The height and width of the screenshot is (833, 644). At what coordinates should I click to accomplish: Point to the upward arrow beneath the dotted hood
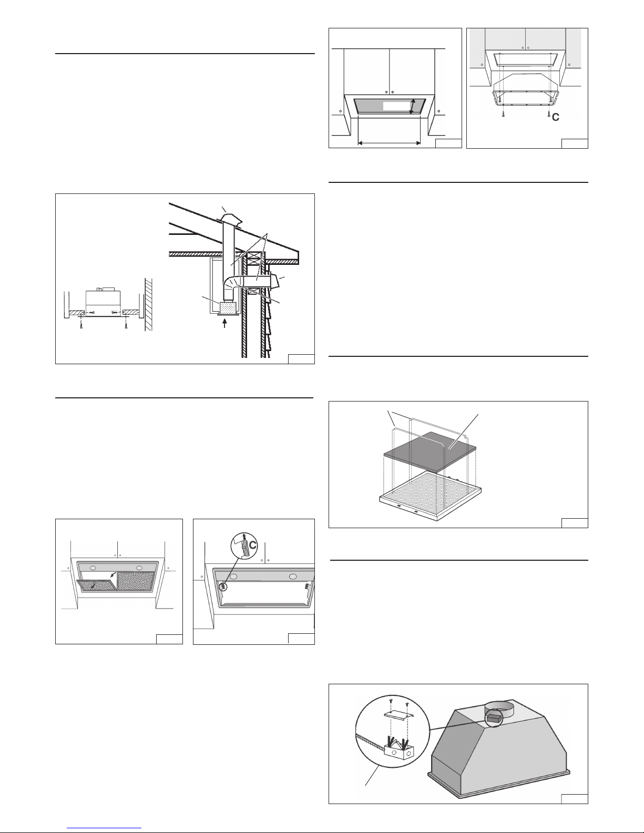coord(224,323)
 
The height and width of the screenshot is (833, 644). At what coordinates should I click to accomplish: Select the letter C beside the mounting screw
coord(556,117)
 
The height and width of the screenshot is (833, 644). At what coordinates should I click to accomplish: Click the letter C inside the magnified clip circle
coord(253,545)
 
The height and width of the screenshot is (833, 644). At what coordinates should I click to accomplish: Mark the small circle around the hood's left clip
coord(222,586)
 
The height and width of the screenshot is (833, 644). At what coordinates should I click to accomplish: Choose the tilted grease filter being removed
coord(96,586)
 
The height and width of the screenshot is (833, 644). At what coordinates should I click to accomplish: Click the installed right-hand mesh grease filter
coord(136,581)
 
